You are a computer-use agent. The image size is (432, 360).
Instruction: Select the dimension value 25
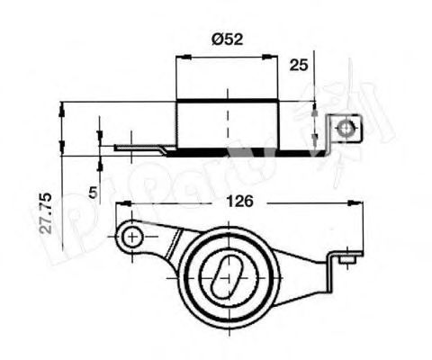point(300,65)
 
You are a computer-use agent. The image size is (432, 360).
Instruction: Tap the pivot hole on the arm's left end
point(131,237)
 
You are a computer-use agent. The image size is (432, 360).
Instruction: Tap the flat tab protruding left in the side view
point(135,146)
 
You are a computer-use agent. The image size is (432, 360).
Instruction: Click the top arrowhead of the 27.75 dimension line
point(63,106)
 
